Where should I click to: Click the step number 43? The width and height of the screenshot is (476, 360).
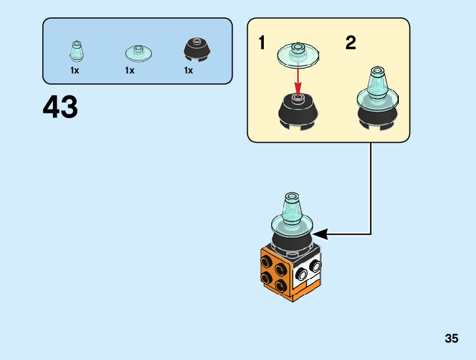(60, 108)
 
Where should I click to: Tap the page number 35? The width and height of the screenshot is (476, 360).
(452, 339)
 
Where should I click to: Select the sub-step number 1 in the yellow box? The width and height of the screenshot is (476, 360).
(262, 44)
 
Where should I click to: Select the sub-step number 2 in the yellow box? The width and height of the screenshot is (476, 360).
(351, 44)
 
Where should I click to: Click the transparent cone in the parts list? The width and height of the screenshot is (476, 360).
(75, 52)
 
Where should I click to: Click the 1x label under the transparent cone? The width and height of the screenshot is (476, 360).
(75, 70)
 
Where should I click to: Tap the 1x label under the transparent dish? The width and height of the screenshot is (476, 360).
(129, 70)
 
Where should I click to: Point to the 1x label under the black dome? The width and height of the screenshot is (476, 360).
(189, 70)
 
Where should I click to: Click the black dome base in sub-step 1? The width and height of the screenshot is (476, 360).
(297, 111)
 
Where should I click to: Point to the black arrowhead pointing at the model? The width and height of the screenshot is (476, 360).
(321, 234)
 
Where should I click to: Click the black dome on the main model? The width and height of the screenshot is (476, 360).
(291, 240)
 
